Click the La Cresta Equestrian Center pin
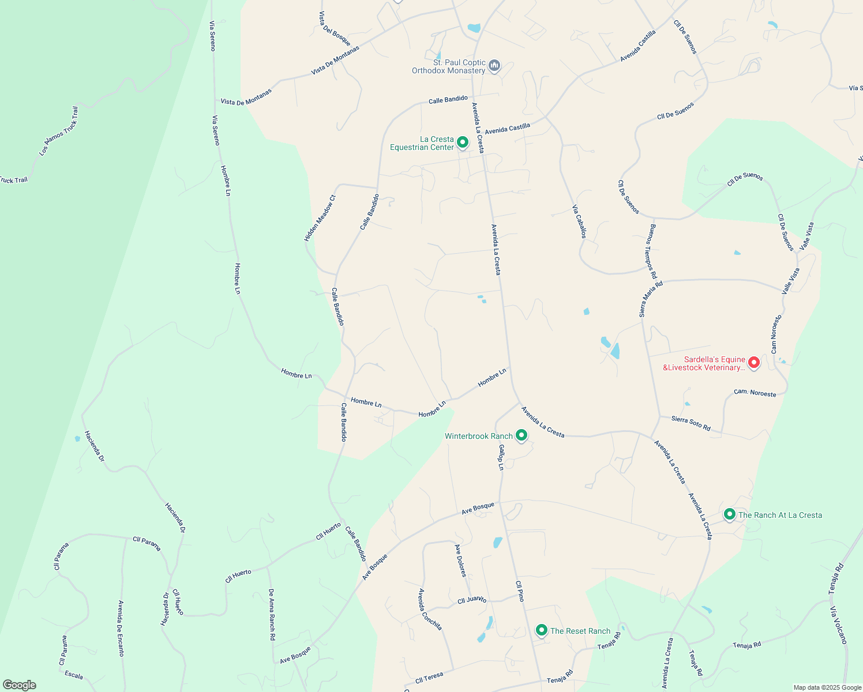click(x=462, y=142)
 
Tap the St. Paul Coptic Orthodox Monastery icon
click(x=494, y=66)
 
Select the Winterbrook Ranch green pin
click(x=521, y=435)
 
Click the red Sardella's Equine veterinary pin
click(x=753, y=363)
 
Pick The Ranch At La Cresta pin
click(x=729, y=514)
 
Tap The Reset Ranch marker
click(x=541, y=630)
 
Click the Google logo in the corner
click(x=19, y=685)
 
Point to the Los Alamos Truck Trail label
click(x=58, y=131)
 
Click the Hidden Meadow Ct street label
click(x=320, y=218)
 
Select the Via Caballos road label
click(x=579, y=221)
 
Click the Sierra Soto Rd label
click(x=691, y=423)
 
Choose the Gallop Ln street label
click(x=501, y=457)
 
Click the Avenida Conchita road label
click(x=430, y=609)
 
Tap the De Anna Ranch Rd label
click(x=272, y=615)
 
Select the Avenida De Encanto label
click(x=121, y=628)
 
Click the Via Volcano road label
click(x=838, y=625)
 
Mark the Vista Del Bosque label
click(x=335, y=29)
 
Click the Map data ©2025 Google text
click(x=827, y=687)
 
